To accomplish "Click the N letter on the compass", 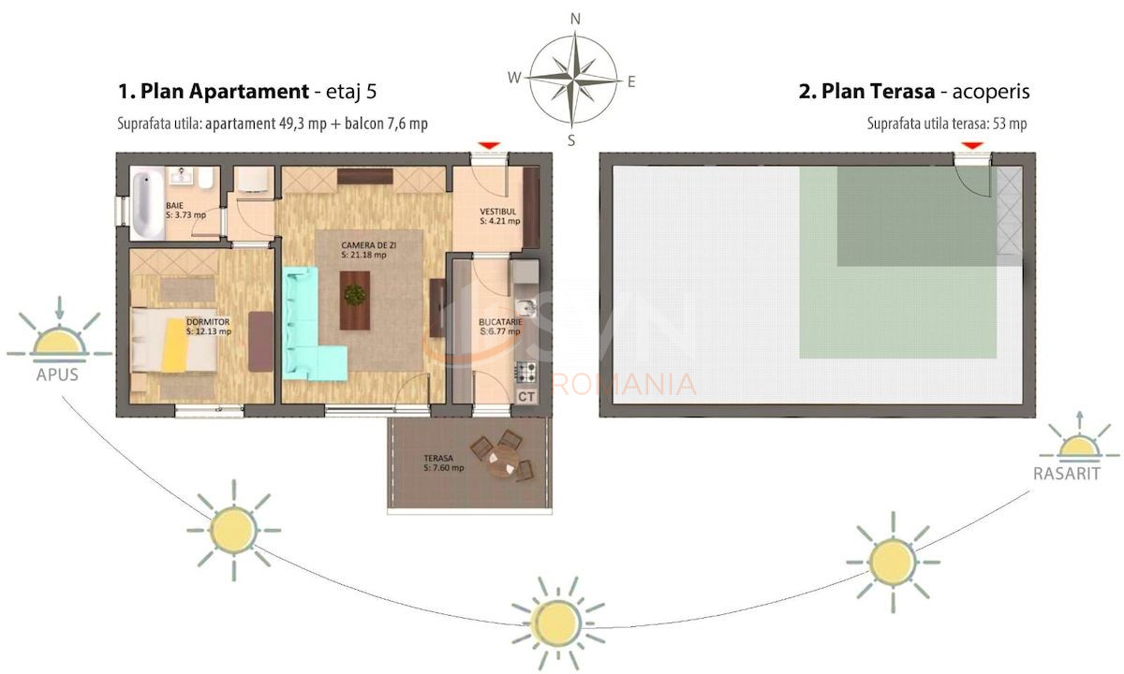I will click(x=575, y=18).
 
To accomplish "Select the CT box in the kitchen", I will click(x=526, y=396).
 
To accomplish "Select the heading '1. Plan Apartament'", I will click(x=213, y=92).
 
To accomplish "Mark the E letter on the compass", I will click(x=631, y=81).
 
